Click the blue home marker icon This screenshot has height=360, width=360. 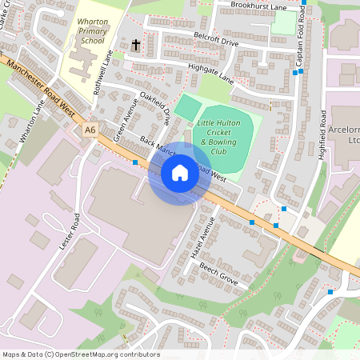(180, 173)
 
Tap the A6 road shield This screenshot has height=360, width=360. (90, 128)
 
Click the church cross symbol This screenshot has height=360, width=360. (135, 46)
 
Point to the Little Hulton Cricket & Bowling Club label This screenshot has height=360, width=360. (225, 137)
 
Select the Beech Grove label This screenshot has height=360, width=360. (219, 274)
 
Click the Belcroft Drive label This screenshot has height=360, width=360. (216, 40)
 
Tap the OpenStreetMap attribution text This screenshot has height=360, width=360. (80, 354)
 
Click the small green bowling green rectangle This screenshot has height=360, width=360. (189, 108)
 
